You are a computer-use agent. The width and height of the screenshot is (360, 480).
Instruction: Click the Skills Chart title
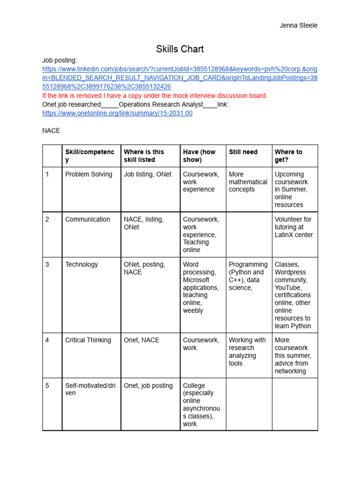click(x=180, y=49)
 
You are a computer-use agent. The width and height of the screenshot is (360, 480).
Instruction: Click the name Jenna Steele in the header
click(x=298, y=25)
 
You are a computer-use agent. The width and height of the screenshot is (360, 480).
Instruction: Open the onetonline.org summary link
click(x=117, y=113)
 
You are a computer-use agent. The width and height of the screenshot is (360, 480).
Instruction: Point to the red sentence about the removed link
click(x=155, y=96)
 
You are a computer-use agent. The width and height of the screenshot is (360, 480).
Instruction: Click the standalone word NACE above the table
click(x=51, y=130)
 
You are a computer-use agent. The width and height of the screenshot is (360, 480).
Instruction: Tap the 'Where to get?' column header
click(x=288, y=156)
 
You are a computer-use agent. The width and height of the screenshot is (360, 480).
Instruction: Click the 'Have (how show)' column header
click(x=199, y=156)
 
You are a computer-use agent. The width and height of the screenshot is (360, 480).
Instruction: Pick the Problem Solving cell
click(x=89, y=174)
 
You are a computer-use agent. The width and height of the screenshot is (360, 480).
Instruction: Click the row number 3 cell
click(x=47, y=264)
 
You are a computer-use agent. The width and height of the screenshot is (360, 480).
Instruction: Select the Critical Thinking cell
click(x=88, y=340)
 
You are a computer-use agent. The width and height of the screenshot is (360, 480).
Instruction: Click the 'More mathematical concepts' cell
click(x=248, y=182)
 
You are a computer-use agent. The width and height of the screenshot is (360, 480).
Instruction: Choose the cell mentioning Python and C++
click(x=248, y=276)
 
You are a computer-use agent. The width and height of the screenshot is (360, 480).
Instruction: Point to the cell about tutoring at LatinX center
click(x=293, y=227)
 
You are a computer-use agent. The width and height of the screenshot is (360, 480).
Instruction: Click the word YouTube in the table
click(x=288, y=287)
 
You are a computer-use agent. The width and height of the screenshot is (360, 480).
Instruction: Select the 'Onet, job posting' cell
click(x=148, y=385)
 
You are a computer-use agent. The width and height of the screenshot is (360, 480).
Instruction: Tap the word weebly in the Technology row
click(x=193, y=310)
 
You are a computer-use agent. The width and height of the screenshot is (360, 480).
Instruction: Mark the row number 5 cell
click(x=47, y=385)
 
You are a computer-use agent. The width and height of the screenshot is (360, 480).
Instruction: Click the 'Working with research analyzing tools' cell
click(x=247, y=352)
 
